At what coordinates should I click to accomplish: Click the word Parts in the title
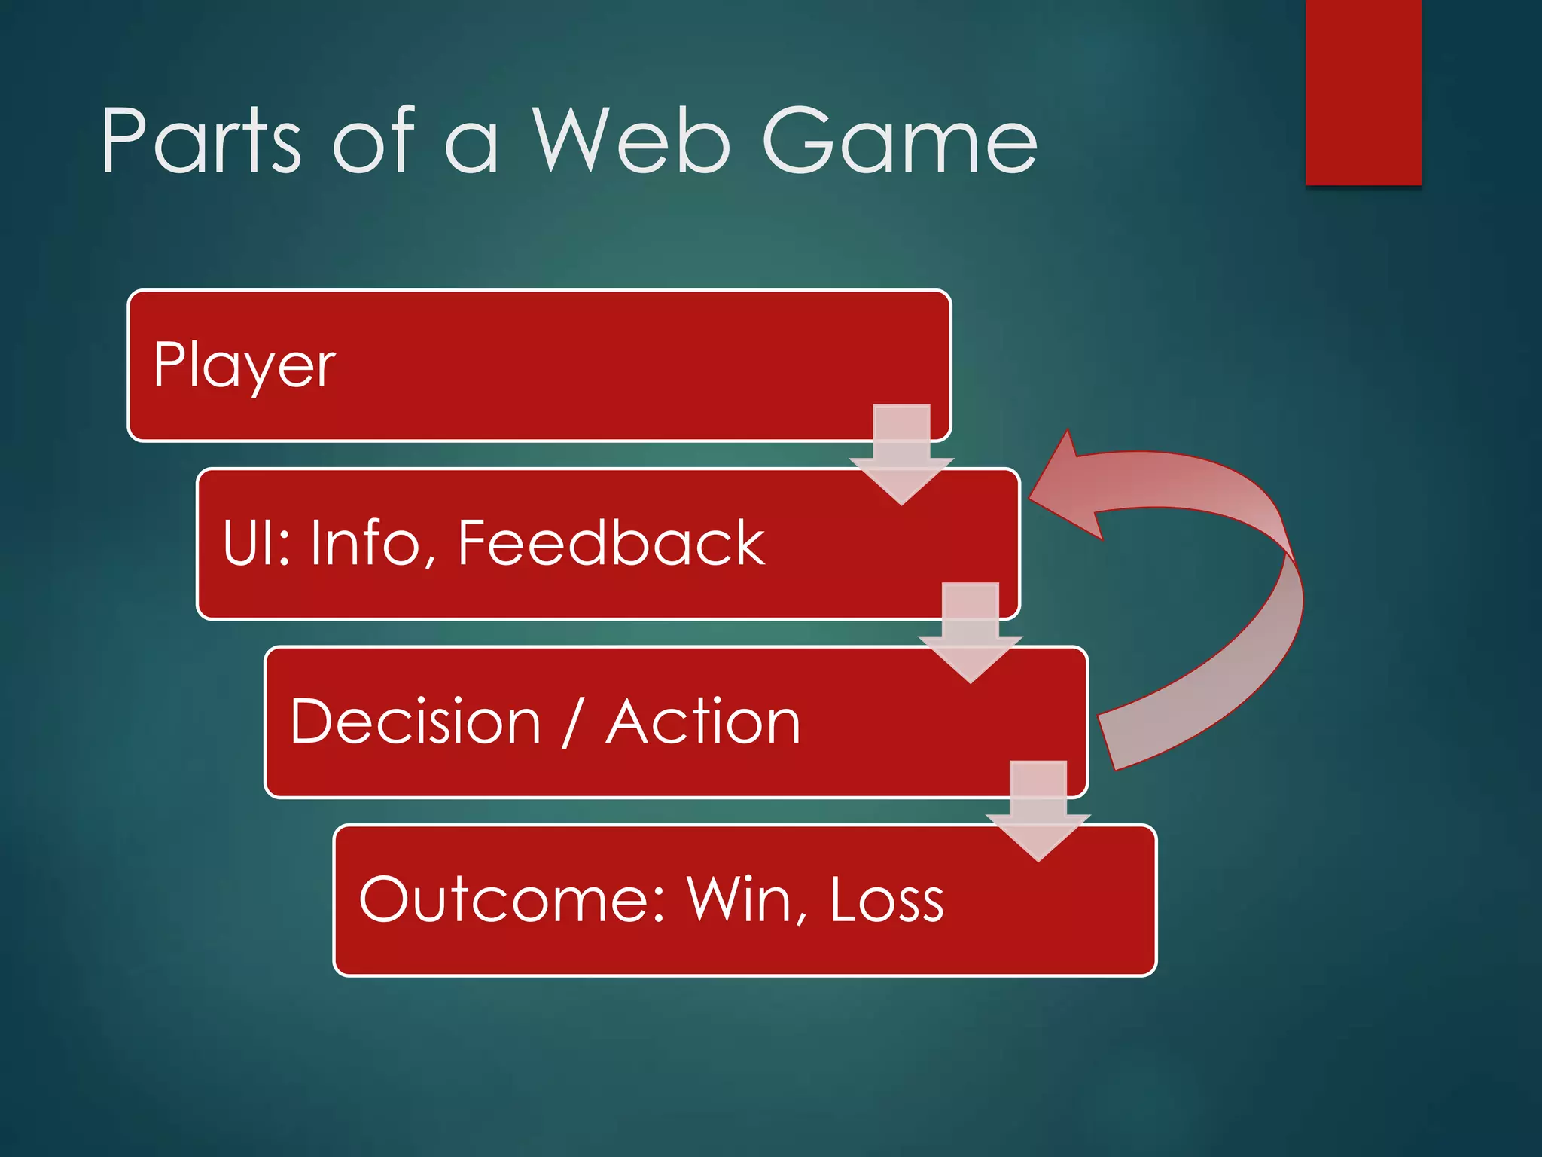click(x=202, y=141)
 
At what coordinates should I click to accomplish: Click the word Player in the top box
click(x=244, y=367)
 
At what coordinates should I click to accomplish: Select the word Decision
click(x=416, y=722)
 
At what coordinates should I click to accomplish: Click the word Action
click(x=703, y=722)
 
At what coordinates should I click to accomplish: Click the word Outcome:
click(x=512, y=899)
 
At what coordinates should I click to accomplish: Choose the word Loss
click(x=887, y=899)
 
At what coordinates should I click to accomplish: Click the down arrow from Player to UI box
click(x=901, y=456)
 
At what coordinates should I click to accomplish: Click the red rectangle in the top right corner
click(x=1363, y=92)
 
